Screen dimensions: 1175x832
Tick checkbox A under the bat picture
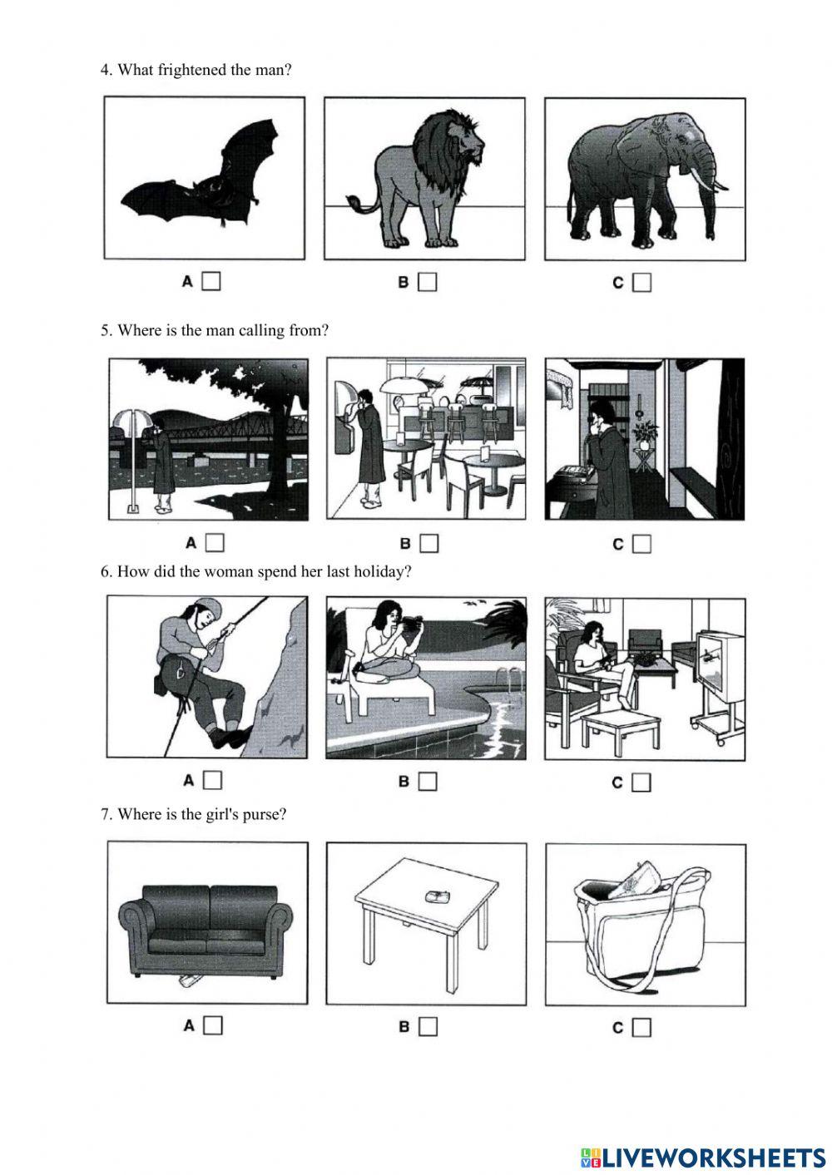212,282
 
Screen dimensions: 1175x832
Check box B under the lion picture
428,283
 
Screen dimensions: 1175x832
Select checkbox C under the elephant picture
641,284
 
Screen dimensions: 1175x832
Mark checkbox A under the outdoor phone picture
215,543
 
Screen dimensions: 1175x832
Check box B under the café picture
429,544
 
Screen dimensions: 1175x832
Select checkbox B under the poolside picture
428,782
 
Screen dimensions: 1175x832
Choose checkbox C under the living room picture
641,783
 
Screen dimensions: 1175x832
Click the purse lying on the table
438,896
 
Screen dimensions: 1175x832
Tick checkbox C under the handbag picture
641,1028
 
